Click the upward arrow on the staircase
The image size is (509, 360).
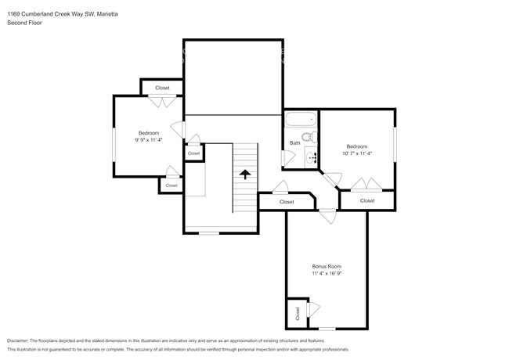point(246,174)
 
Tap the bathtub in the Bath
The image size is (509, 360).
point(301,121)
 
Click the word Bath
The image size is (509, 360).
point(294,142)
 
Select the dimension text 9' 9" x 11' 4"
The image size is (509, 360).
point(149,141)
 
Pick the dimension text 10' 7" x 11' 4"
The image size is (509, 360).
point(357,153)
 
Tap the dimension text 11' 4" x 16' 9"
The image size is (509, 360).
point(327,274)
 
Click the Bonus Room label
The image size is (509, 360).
point(327,266)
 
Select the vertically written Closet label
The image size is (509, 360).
point(298,313)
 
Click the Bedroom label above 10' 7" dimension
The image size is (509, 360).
point(357,146)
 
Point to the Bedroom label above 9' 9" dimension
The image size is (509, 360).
point(149,133)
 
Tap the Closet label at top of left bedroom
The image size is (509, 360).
point(162,88)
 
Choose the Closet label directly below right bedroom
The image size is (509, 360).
point(367,200)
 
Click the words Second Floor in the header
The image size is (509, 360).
point(24,23)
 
